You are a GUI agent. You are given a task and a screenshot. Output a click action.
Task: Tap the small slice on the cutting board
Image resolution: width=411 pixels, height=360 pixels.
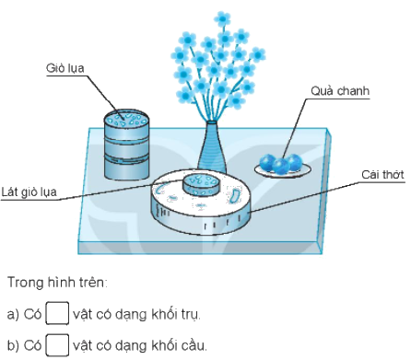(x=199, y=182)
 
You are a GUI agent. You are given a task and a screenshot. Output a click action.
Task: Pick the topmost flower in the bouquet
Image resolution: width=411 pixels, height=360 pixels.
(x=222, y=18)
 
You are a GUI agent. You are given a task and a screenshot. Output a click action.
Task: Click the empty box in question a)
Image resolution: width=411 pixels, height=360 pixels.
(x=57, y=315)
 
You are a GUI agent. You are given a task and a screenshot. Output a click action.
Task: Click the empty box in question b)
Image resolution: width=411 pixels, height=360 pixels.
(x=57, y=345)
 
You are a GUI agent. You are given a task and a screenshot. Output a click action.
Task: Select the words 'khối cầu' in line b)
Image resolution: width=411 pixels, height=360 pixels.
(x=178, y=346)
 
